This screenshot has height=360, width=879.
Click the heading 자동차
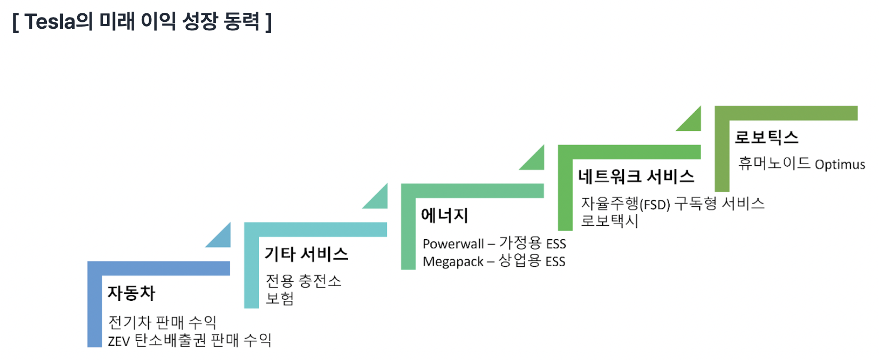(x=131, y=293)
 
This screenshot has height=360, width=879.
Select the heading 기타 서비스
(x=306, y=254)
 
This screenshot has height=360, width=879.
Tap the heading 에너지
(x=444, y=215)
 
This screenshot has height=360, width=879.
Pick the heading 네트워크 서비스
(x=636, y=176)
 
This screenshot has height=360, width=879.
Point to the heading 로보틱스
(x=767, y=137)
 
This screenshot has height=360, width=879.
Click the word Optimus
(x=840, y=165)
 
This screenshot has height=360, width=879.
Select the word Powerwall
(x=453, y=244)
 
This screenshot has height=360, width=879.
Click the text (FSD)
(x=655, y=205)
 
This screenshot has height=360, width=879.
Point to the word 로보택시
(x=609, y=221)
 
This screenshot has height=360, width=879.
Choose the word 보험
(x=280, y=298)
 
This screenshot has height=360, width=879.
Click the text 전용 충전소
(x=304, y=281)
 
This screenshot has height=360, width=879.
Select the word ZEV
(x=119, y=341)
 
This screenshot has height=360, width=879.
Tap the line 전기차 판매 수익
(x=162, y=322)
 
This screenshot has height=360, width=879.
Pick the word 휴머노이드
(x=774, y=163)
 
